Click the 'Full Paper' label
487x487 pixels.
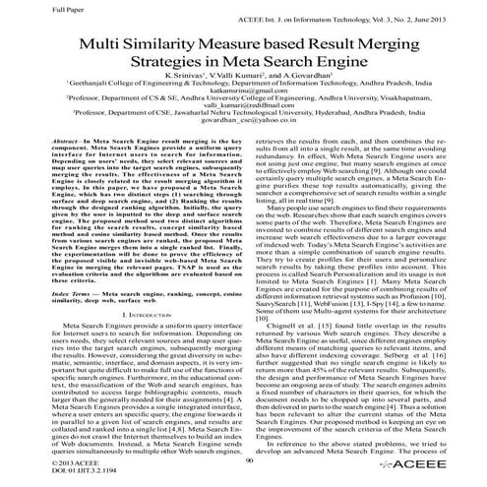[x=21, y=9]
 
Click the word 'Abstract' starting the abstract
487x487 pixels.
[x=43, y=170]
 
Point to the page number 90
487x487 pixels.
[x=244, y=458]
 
